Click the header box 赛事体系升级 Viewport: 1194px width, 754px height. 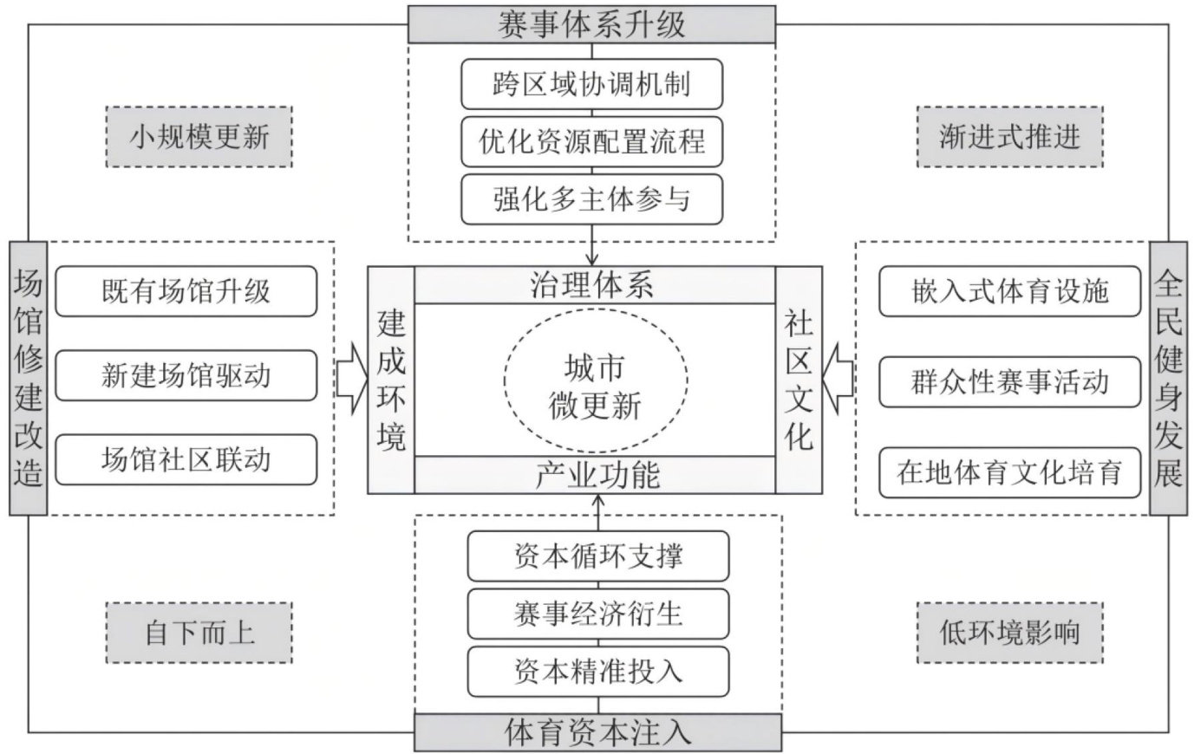(x=592, y=23)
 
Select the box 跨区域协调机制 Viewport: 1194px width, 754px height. (x=592, y=84)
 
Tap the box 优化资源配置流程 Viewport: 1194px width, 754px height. (x=592, y=141)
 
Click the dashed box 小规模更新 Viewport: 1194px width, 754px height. (x=199, y=137)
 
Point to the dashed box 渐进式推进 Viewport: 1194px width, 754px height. (x=1009, y=137)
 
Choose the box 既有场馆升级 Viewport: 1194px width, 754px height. (x=186, y=291)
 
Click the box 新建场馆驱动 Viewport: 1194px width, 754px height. (x=186, y=375)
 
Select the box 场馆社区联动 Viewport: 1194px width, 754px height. (x=186, y=459)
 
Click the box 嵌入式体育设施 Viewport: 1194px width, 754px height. (x=1009, y=291)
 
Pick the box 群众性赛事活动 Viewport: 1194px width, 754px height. (x=1009, y=381)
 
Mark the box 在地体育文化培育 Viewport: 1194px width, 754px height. (x=1009, y=472)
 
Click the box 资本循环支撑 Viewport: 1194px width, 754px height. (x=597, y=556)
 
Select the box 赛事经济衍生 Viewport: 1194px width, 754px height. (x=597, y=614)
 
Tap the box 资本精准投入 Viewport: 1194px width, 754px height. (x=597, y=671)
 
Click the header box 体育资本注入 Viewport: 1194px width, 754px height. (x=597, y=732)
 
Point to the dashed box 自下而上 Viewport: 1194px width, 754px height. (x=199, y=632)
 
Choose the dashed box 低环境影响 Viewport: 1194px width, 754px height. (x=1009, y=632)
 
